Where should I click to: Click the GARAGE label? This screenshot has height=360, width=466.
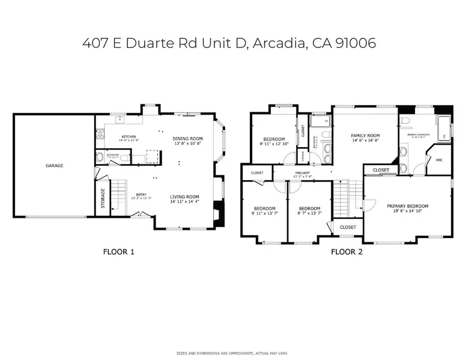coord(54,166)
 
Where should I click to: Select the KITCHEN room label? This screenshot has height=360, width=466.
coord(129,137)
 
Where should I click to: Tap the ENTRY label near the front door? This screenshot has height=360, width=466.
coord(141,194)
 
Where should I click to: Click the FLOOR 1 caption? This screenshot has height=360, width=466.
coord(119,252)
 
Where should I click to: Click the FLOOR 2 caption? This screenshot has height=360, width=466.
coord(347,252)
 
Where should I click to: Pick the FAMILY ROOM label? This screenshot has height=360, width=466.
coord(365,136)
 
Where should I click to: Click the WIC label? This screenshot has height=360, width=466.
coord(438,160)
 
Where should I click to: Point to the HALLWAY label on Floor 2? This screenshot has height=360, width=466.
coord(301,173)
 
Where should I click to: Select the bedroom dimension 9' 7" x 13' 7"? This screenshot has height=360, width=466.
coord(309,214)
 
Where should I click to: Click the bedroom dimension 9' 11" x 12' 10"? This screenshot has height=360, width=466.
coord(274,144)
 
